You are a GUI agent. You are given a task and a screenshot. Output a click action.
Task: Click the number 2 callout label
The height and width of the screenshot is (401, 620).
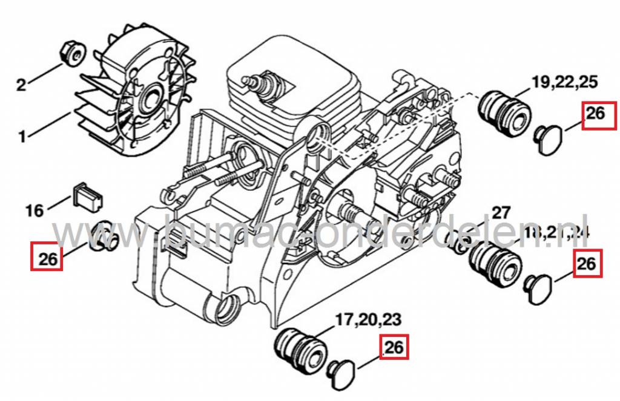21,85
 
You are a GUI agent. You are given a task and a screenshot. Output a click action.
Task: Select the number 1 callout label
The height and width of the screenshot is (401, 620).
22,137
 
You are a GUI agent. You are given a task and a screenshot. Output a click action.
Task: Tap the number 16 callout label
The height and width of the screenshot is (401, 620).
35,210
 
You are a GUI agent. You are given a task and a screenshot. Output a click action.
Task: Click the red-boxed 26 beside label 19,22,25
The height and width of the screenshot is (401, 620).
596,115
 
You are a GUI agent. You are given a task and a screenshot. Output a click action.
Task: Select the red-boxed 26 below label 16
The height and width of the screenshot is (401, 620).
47,256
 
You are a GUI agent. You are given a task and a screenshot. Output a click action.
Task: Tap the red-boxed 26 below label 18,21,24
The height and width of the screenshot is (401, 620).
587,263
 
